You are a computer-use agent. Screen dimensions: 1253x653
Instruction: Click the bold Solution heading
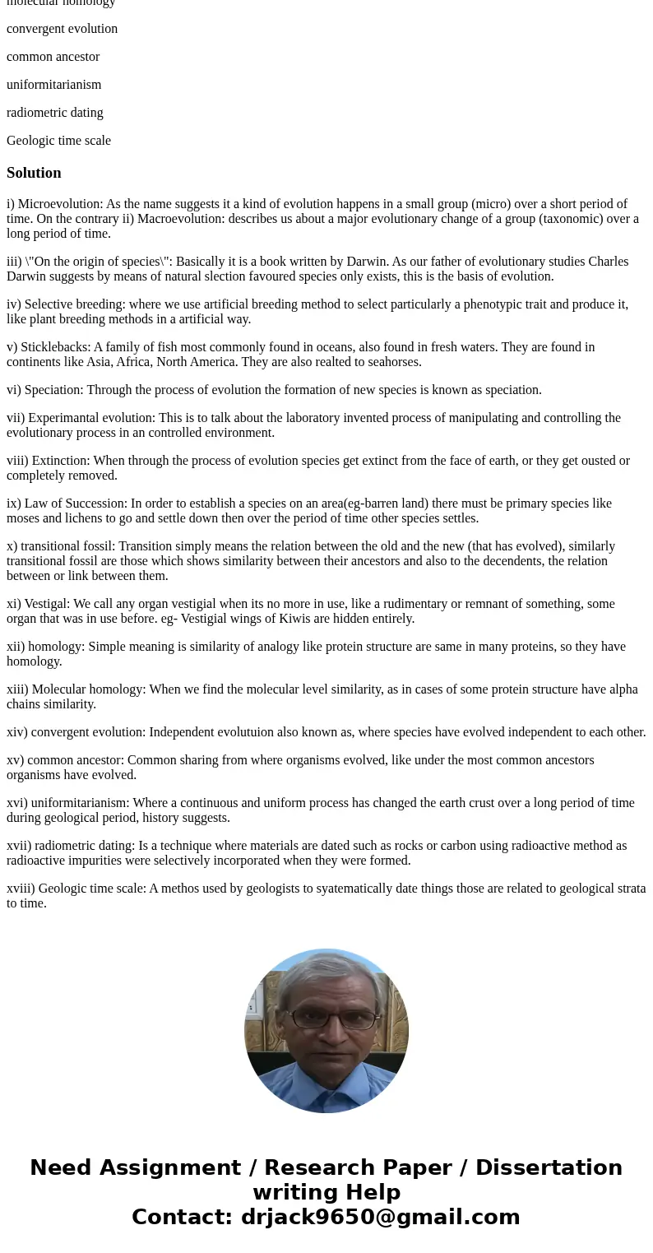click(x=34, y=173)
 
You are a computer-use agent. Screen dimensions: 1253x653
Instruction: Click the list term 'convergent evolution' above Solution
click(x=62, y=29)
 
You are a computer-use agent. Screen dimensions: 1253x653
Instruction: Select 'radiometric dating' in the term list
click(x=55, y=113)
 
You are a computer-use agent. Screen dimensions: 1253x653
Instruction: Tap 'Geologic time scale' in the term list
click(x=58, y=141)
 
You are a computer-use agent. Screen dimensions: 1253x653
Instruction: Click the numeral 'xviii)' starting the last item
click(x=21, y=889)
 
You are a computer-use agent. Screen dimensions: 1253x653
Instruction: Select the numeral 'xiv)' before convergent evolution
click(x=17, y=732)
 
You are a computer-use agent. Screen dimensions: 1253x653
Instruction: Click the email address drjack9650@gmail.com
click(x=380, y=1218)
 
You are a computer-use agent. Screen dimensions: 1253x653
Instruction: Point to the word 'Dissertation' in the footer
click(x=549, y=1168)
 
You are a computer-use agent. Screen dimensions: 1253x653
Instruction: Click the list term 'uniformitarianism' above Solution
click(x=54, y=85)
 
